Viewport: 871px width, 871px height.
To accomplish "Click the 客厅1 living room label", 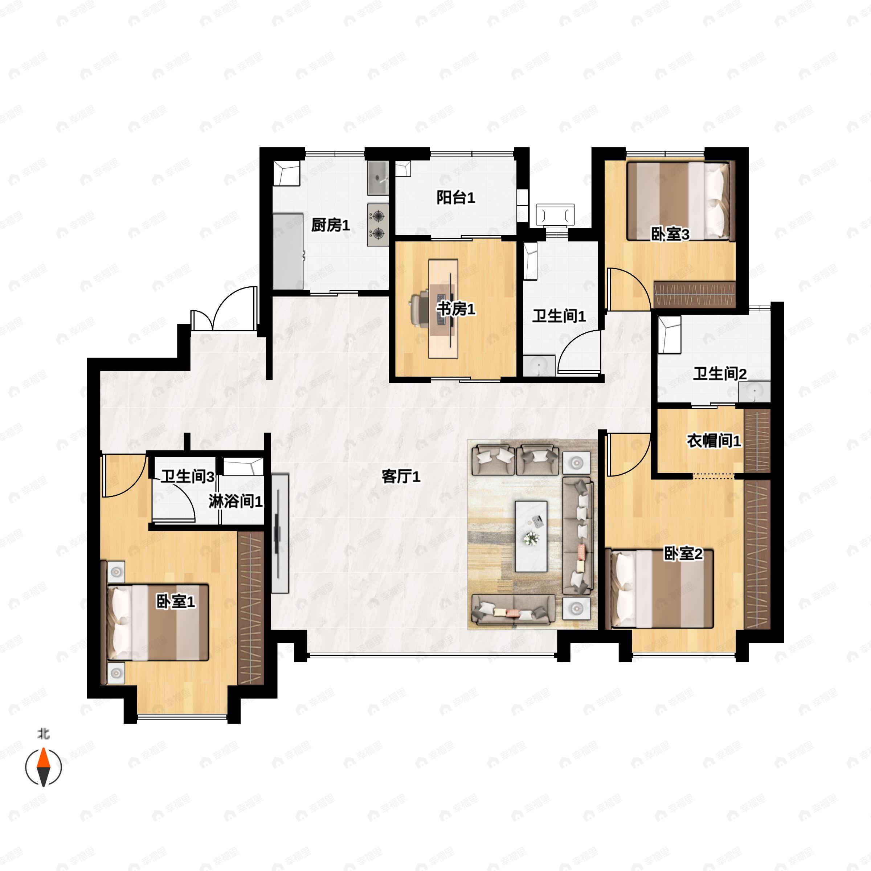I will click(401, 477).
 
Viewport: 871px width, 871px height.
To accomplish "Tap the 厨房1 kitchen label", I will click(331, 225).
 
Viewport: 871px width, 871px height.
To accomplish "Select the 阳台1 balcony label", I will click(455, 197).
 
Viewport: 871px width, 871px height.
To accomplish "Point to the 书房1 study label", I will click(456, 309).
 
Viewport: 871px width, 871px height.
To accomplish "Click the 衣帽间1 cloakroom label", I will click(713, 441).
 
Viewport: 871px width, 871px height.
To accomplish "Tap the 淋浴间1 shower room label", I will click(235, 501).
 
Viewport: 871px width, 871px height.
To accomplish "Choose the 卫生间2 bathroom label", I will click(720, 374).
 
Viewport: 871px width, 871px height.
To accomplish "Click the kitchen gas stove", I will click(378, 225).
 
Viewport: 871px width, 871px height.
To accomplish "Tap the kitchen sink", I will click(377, 179).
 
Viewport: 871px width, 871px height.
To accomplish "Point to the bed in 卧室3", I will click(678, 201).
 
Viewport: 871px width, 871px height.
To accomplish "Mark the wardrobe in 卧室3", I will click(694, 294).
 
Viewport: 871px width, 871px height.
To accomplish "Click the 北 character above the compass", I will click(43, 734).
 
